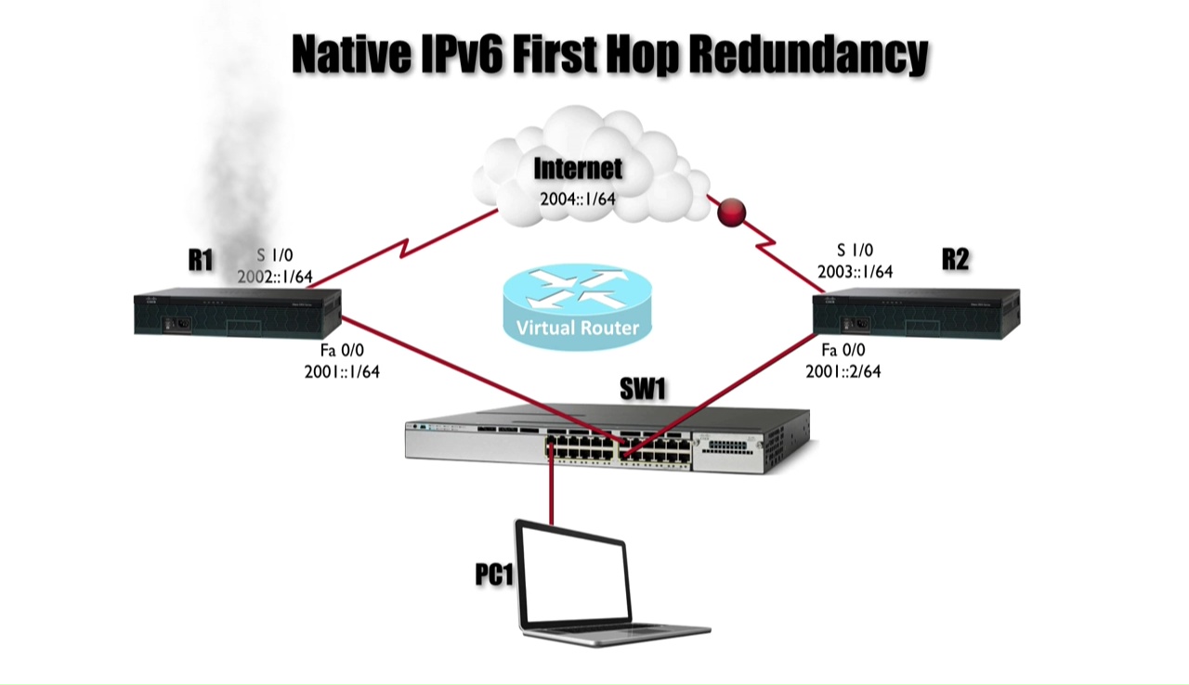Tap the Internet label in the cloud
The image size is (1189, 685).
click(x=578, y=169)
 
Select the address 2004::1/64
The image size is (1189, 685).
click(x=578, y=198)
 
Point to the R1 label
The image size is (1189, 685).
click(x=201, y=260)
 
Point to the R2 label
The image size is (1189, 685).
click(x=955, y=259)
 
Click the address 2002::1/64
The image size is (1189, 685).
click(x=275, y=276)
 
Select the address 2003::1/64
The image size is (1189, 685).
click(x=855, y=272)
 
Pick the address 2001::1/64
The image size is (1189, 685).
click(x=342, y=371)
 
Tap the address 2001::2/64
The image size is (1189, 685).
click(x=843, y=371)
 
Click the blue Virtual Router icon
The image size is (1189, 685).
click(x=578, y=306)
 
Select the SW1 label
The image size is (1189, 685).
click(x=644, y=391)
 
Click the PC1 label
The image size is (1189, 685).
click(x=494, y=575)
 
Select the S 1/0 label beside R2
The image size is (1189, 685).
click(x=855, y=251)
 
